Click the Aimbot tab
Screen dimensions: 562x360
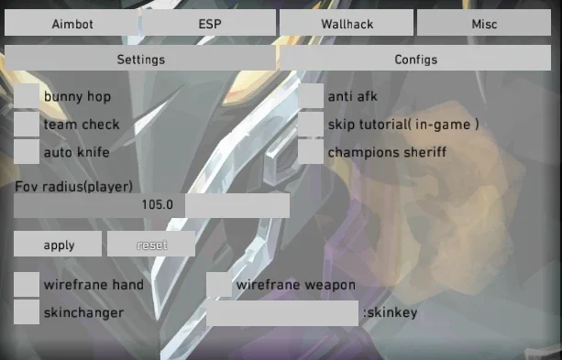click(72, 23)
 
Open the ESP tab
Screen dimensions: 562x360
click(210, 23)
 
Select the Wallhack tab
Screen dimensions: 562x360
click(347, 23)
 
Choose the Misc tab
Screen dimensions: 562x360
click(484, 23)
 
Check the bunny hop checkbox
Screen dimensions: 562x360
click(27, 96)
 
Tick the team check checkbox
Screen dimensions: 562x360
click(27, 124)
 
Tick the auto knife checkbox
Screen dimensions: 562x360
click(27, 151)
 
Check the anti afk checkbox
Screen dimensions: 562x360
click(311, 96)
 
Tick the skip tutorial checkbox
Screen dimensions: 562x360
click(311, 124)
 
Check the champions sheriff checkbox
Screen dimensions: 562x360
click(311, 151)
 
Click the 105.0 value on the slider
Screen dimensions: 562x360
click(158, 204)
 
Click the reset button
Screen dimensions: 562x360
click(151, 244)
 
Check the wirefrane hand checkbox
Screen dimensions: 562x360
click(27, 284)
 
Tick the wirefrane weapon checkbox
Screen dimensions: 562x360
click(219, 284)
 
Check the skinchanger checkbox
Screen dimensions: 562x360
click(27, 312)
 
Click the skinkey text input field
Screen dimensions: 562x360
click(282, 313)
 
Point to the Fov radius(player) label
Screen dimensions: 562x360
click(74, 186)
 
